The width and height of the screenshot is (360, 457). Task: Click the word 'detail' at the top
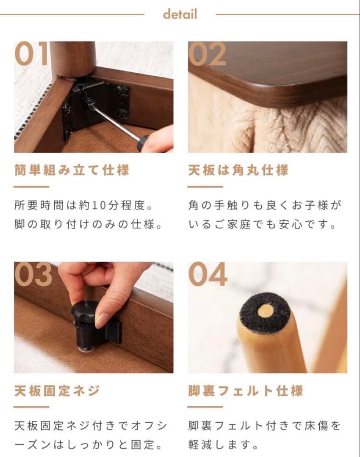(x=180, y=14)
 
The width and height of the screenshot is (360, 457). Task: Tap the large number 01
(x=32, y=54)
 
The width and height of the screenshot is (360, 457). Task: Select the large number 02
(x=208, y=54)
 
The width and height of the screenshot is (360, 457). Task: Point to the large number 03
(x=33, y=275)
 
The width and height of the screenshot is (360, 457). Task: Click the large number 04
(x=208, y=275)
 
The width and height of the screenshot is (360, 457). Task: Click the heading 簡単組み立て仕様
(x=72, y=170)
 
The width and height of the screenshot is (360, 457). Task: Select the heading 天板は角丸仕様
(x=238, y=170)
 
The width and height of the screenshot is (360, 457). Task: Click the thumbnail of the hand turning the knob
(x=94, y=317)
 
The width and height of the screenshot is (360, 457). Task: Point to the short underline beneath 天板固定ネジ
(x=31, y=407)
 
